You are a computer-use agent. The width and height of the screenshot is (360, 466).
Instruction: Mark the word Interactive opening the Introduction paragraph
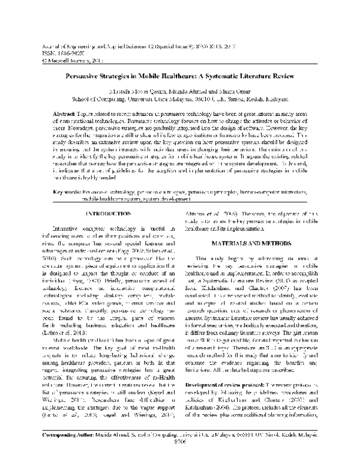point(49,211)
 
